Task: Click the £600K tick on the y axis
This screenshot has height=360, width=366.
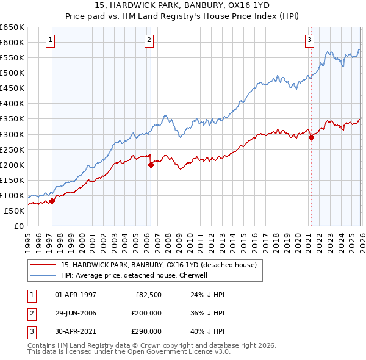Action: point(12,42)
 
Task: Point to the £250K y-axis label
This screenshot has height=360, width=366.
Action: point(12,149)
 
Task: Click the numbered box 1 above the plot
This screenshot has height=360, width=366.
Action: point(49,40)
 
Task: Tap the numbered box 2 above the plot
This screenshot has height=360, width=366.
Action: point(149,40)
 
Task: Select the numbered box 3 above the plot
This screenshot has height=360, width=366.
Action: point(309,40)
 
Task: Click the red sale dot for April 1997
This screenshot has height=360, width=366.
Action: point(52,201)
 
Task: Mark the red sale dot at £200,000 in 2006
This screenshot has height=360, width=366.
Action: point(151,165)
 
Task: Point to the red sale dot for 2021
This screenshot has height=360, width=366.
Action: point(311,137)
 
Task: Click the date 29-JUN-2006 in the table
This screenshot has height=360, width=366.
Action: point(76,313)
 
